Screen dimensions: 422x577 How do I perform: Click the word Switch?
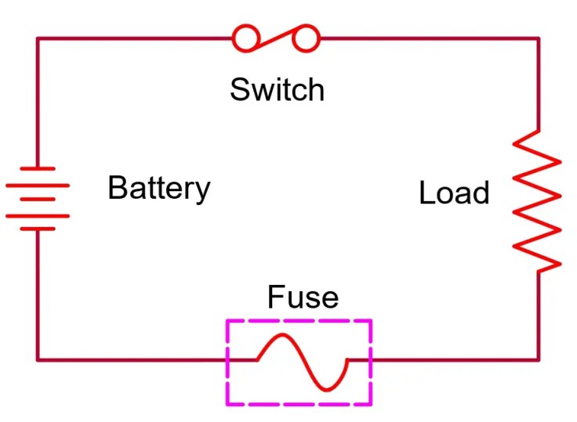click(x=277, y=90)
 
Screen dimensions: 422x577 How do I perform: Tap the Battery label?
click(x=159, y=189)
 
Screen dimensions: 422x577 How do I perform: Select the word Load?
click(x=454, y=193)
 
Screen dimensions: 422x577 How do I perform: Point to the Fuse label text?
click(x=303, y=298)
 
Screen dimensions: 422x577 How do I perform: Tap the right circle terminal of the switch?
click(x=308, y=37)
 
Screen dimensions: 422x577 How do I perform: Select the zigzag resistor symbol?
click(x=538, y=200)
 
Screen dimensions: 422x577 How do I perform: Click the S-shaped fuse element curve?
click(x=303, y=361)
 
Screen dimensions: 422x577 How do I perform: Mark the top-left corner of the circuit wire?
click(x=37, y=38)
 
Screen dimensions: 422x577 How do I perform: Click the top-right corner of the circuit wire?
click(x=539, y=38)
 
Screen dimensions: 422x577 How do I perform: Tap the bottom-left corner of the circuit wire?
click(x=37, y=360)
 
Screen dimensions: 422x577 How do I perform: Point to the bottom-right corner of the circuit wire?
click(x=539, y=360)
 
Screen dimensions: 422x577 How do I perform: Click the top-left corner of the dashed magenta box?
click(x=227, y=319)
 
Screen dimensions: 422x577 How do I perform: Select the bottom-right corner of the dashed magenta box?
click(x=371, y=404)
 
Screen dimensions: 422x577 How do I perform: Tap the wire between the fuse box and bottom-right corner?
click(x=455, y=360)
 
